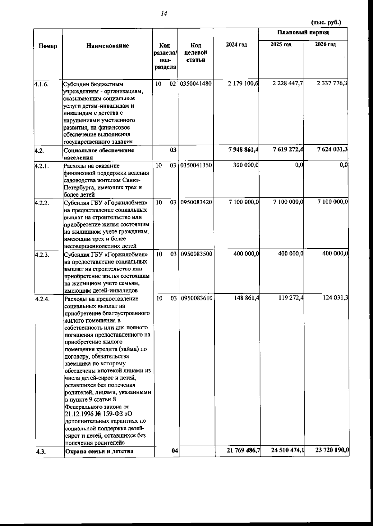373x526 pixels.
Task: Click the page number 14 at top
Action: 164,13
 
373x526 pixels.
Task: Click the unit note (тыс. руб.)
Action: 326,23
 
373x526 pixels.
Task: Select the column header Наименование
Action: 107,46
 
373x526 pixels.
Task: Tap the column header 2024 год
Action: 236,45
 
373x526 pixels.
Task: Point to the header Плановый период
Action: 303,33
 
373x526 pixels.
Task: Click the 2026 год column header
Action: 325,45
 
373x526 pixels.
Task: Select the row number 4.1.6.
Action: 41,84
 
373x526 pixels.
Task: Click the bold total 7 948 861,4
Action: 243,150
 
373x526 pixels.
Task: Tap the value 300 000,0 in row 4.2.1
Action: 246,165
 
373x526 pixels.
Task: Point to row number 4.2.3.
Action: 41,254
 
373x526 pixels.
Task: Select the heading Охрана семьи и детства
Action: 99,451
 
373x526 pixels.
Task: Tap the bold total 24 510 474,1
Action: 288,451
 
